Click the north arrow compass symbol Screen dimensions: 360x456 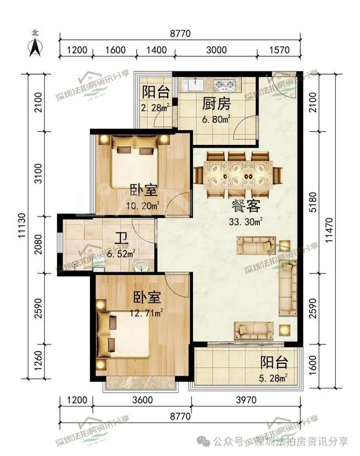(x=35, y=47)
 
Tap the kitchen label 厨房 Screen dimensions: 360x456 (x=216, y=104)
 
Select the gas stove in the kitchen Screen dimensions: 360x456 (x=224, y=85)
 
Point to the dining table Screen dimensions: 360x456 (x=238, y=174)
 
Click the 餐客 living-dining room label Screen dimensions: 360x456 (x=246, y=207)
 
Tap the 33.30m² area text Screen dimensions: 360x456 (x=246, y=222)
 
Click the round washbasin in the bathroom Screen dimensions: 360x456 (x=141, y=266)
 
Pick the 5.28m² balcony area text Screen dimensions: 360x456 (x=273, y=378)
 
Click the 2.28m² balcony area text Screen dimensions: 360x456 (x=155, y=107)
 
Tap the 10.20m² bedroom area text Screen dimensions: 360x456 (x=142, y=206)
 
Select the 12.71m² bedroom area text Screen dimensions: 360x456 (x=146, y=313)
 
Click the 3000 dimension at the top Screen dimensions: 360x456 (x=216, y=50)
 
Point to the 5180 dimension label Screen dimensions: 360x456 (x=313, y=202)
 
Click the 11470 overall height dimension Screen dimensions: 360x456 (x=329, y=230)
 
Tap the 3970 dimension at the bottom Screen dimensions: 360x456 (x=246, y=400)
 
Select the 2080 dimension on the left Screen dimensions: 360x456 (x=38, y=245)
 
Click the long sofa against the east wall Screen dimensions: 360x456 (x=288, y=288)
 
